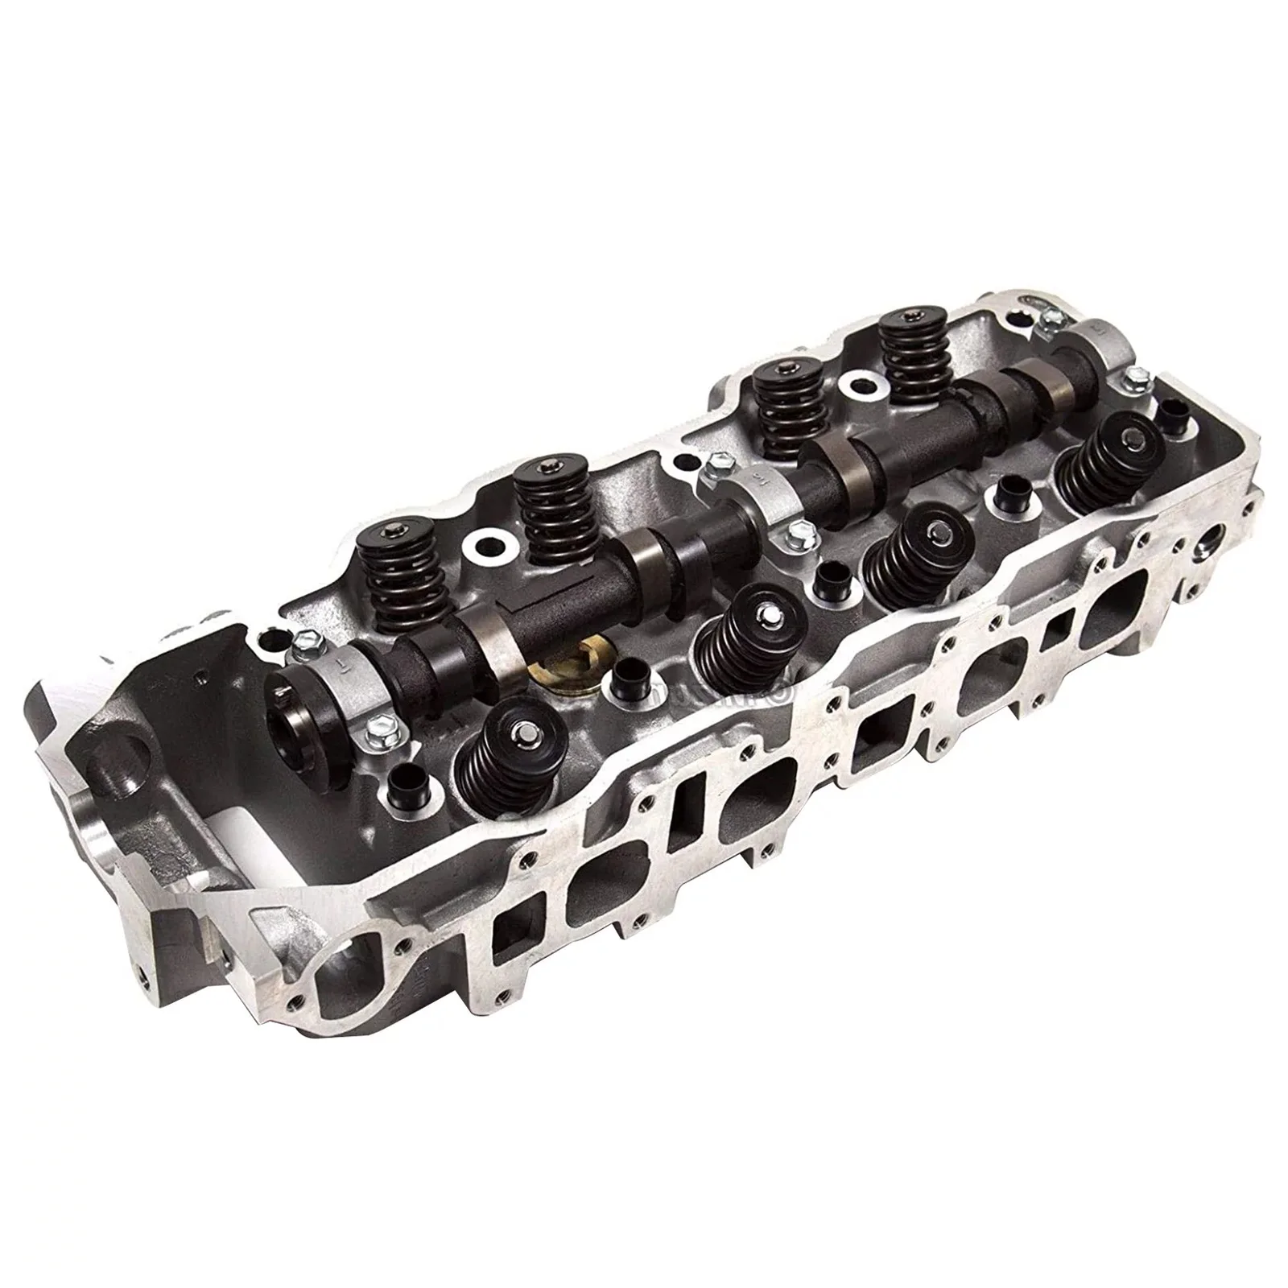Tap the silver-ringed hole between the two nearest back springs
tap(489, 549)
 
